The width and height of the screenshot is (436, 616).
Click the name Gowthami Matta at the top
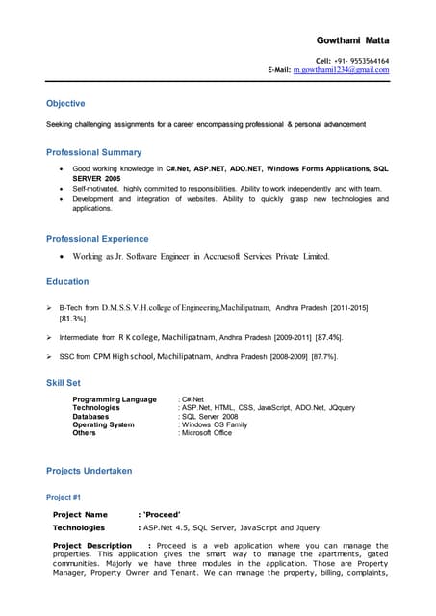pyautogui.click(x=352, y=40)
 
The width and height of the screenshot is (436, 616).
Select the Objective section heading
pyautogui.click(x=65, y=103)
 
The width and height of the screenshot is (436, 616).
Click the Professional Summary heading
pyautogui.click(x=93, y=152)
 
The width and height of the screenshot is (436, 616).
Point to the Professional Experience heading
pyautogui.click(x=97, y=238)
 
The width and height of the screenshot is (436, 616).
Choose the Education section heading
pyautogui.click(x=67, y=281)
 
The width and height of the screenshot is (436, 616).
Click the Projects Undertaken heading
pyautogui.click(x=89, y=471)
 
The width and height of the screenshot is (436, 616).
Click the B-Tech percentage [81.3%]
pyautogui.click(x=74, y=318)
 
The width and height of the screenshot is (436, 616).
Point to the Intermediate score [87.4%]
pyautogui.click(x=328, y=338)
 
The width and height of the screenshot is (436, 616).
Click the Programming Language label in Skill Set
pyautogui.click(x=115, y=398)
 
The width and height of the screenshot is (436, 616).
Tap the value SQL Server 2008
pyautogui.click(x=209, y=416)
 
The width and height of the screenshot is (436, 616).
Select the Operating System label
pyautogui.click(x=103, y=424)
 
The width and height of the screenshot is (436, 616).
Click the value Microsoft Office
pyautogui.click(x=206, y=433)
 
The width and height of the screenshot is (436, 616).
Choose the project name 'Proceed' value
pyautogui.click(x=163, y=515)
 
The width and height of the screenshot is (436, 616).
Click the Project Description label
pyautogui.click(x=92, y=546)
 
